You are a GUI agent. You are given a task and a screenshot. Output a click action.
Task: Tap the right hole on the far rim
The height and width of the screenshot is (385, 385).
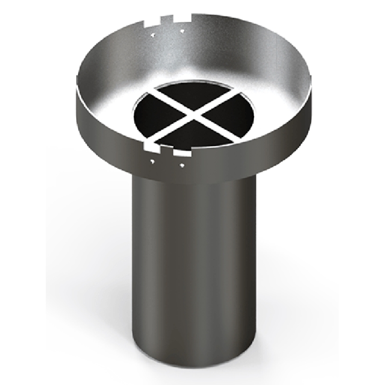[x=182, y=31]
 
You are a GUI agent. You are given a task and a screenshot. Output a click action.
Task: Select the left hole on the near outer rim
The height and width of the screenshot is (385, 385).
[x=153, y=162]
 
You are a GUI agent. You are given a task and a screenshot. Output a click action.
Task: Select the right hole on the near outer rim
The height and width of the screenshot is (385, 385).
[x=182, y=164]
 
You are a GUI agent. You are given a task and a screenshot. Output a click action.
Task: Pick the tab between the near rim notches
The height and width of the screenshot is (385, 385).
[x=166, y=151]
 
